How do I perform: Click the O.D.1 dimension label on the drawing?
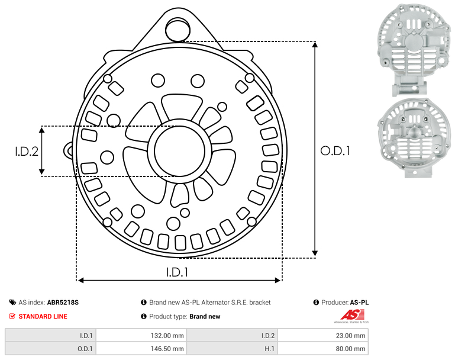coord(335,151)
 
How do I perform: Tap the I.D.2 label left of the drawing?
coord(27,151)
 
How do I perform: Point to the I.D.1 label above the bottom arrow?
coord(178,272)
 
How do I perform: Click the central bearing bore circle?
coord(180,151)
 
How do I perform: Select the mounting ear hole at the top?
coord(178,30)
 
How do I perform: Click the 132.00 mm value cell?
coord(141,336)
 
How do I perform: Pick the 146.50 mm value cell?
coord(141,348)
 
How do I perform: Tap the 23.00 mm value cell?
coord(322,336)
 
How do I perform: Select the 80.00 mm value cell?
coord(322,348)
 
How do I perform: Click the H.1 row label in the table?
coord(270,348)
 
